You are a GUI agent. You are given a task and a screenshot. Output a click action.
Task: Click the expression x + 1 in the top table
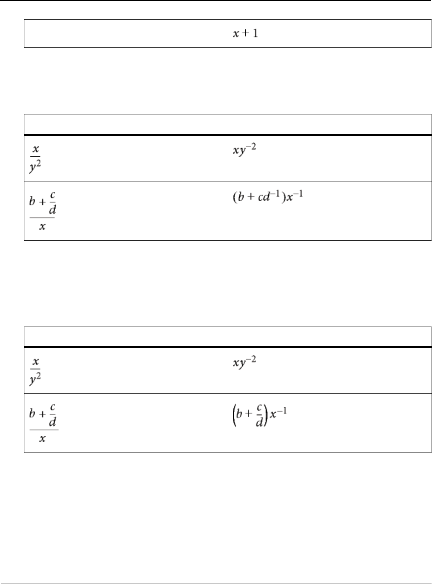[x=245, y=33]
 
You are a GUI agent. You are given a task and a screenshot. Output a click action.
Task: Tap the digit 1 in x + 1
[x=256, y=33]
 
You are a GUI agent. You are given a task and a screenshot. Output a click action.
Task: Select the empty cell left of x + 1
[x=126, y=33]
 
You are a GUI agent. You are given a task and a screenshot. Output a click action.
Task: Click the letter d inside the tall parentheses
[x=259, y=423]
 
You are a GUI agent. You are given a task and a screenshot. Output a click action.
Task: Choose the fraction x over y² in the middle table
[x=35, y=158]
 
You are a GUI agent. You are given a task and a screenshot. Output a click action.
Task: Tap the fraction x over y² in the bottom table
[x=35, y=370]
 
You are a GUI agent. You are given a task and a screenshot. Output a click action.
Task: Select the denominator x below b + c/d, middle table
[x=42, y=227]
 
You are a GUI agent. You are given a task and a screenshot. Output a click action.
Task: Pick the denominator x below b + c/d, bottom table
[x=42, y=439]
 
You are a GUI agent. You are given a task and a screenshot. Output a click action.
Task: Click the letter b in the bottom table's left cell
[x=32, y=414]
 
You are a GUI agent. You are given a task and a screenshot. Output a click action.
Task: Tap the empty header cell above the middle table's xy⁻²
[x=329, y=124]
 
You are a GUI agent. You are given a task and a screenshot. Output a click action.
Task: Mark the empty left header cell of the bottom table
[x=126, y=336]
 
